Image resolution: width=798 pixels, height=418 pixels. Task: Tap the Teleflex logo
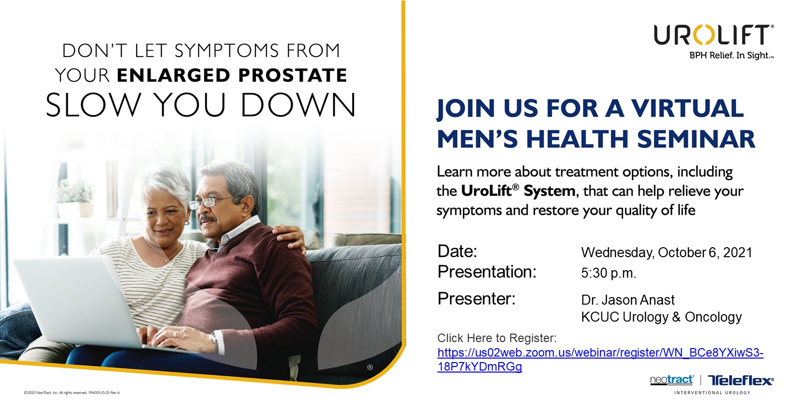pos(741,380)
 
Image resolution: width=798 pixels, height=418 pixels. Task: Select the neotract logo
pos(672,380)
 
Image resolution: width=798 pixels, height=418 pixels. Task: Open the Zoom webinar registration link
pos(600,360)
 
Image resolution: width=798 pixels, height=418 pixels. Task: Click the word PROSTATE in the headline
pos(292,75)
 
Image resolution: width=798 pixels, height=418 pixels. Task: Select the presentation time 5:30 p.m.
pos(608,273)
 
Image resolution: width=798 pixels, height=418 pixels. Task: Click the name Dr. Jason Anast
pos(628,300)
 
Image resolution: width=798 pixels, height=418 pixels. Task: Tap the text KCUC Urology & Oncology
pos(661,317)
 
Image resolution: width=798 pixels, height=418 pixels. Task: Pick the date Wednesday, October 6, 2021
pos(666,253)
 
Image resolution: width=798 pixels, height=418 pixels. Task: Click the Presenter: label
pos(476,299)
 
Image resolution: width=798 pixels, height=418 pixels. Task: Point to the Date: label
pos(457,251)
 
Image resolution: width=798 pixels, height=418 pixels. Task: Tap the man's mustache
pos(207,218)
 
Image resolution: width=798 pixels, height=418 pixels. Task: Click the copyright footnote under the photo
pos(72,393)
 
